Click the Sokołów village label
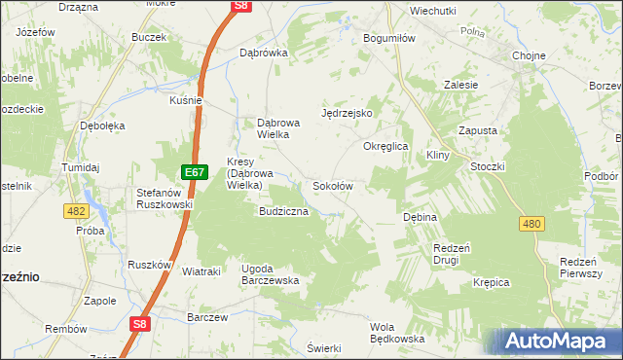[x=332, y=186]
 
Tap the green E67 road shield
[x=195, y=173]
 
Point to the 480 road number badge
[x=531, y=224]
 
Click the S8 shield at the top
[x=242, y=6]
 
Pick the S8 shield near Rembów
[x=140, y=326]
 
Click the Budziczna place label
[x=283, y=211]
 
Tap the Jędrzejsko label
[x=348, y=113]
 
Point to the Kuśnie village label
[x=185, y=100]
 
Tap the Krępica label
[x=492, y=282]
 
